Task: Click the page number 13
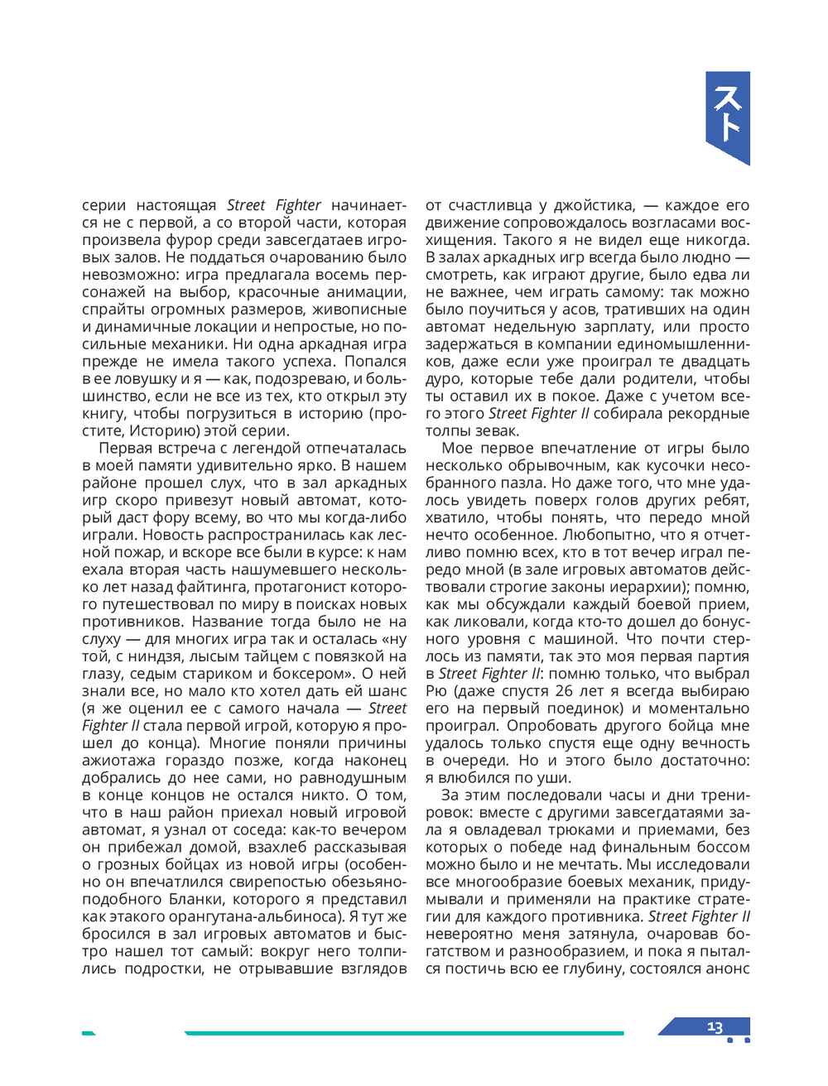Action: coord(715,1027)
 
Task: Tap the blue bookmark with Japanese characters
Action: coord(728,117)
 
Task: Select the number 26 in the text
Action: coord(564,690)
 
